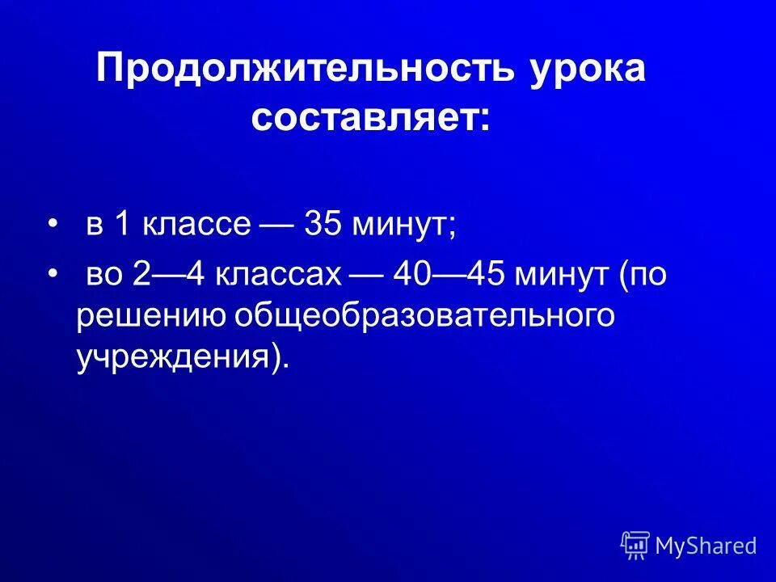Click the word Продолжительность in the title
pyautogui.click(x=305, y=70)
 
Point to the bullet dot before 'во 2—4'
pyautogui.click(x=53, y=276)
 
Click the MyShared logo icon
pyautogui.click(x=635, y=546)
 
